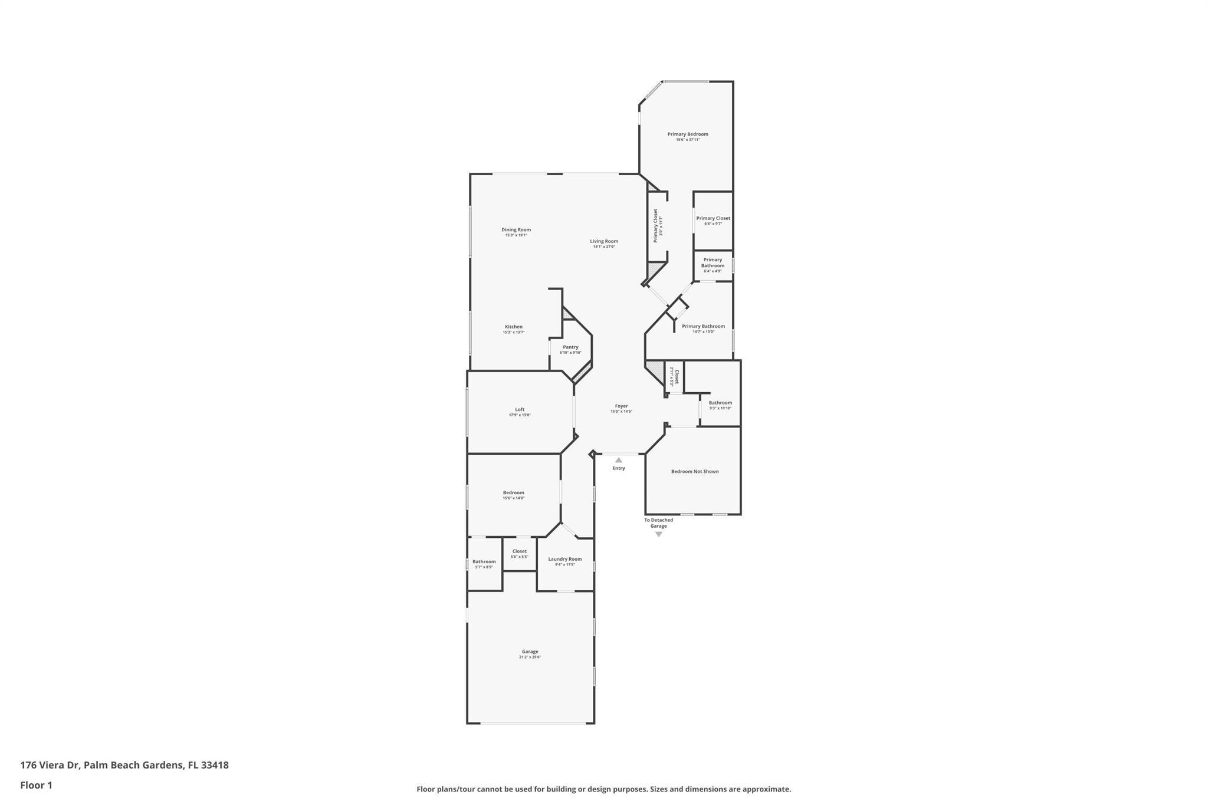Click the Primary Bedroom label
click(688, 134)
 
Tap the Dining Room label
click(516, 230)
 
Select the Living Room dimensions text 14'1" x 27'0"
click(604, 247)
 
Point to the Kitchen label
click(513, 327)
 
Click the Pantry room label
click(570, 347)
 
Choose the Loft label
click(520, 409)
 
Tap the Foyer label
click(621, 406)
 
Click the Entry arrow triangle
click(619, 460)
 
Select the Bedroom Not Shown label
click(695, 471)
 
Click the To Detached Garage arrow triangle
click(659, 534)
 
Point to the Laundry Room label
click(565, 559)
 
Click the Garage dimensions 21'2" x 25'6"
click(530, 657)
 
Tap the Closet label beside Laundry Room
click(519, 551)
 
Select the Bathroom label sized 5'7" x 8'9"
click(484, 561)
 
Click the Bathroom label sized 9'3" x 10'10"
click(720, 403)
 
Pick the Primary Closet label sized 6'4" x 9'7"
click(713, 218)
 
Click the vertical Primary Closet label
click(655, 225)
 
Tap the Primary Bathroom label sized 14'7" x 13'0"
click(703, 326)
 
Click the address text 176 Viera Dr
click(50, 765)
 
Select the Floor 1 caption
click(36, 785)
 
